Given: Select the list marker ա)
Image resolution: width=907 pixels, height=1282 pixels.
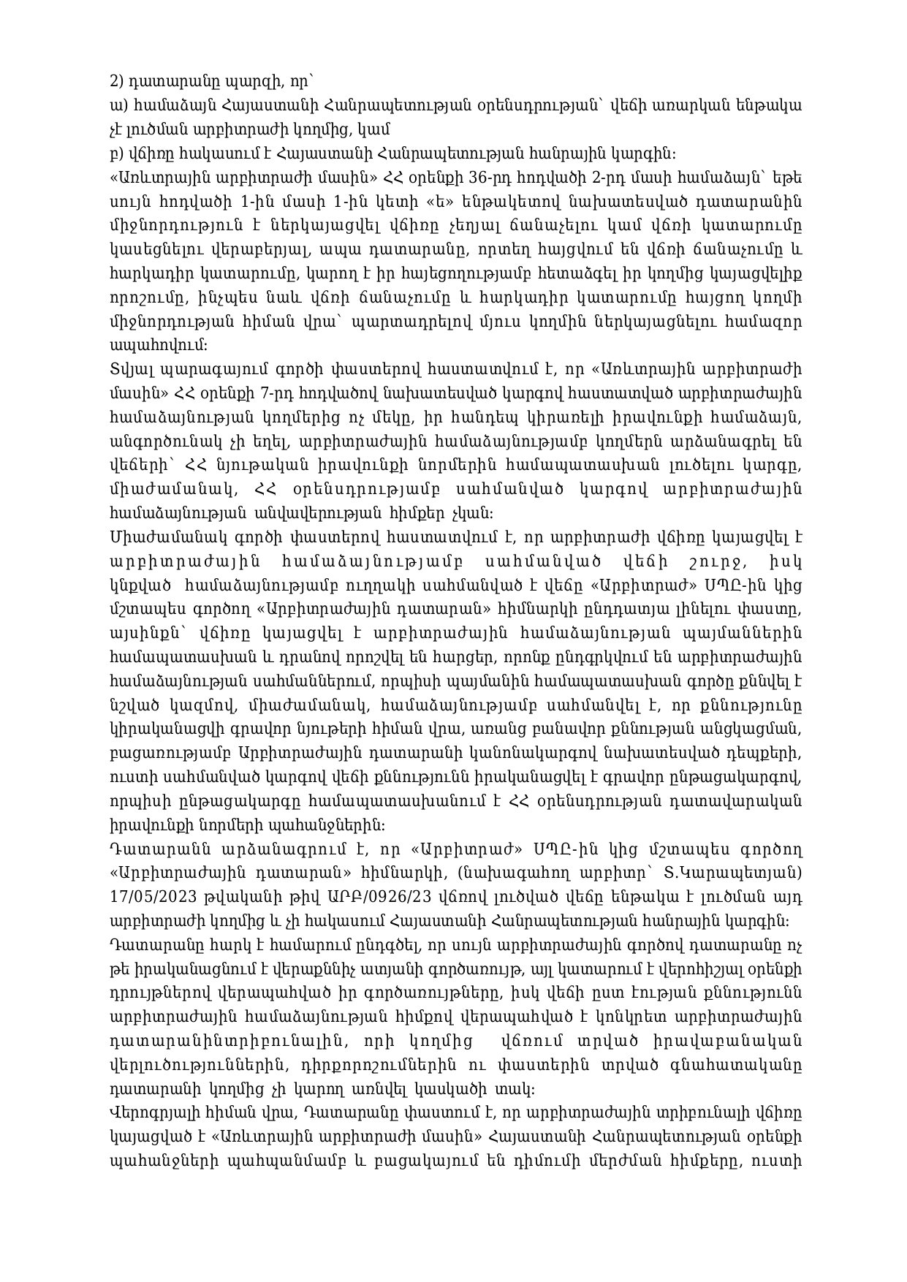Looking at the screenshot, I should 115,106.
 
